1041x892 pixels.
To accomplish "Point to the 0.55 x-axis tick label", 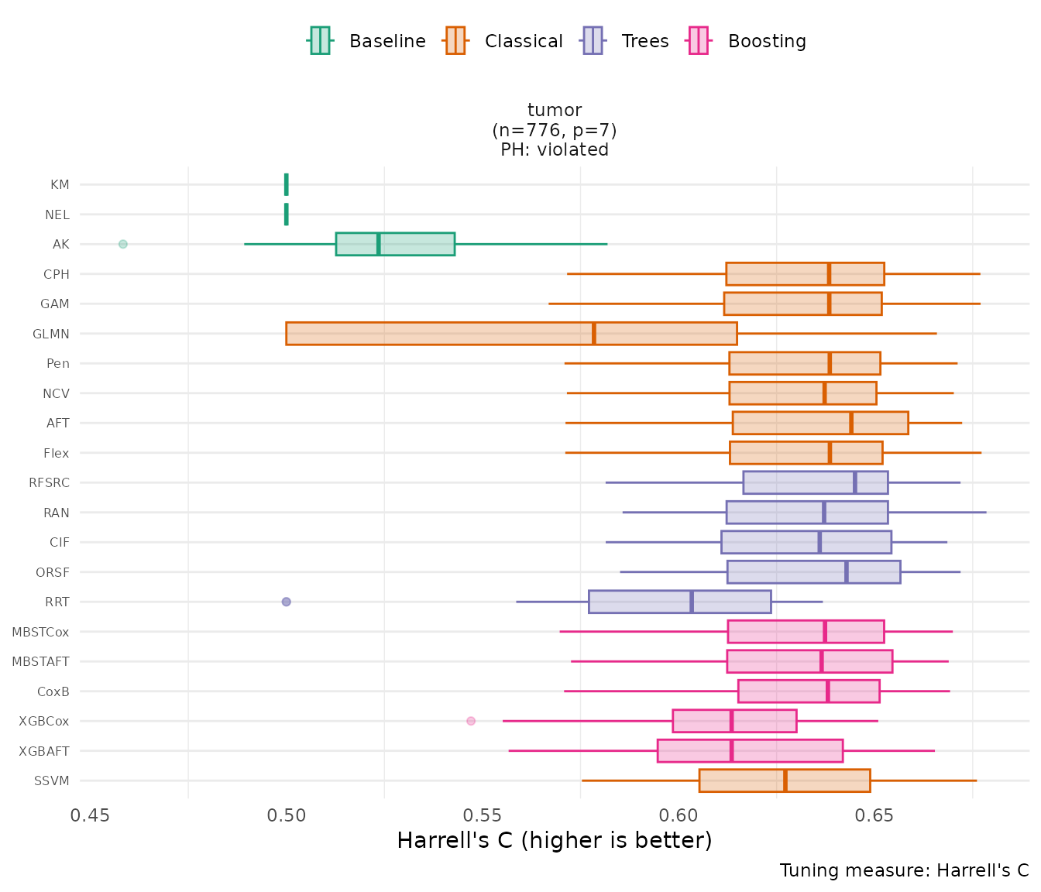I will click(x=483, y=816).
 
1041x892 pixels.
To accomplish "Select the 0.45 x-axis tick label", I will click(x=91, y=816).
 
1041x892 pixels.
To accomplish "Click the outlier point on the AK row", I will click(x=122, y=244).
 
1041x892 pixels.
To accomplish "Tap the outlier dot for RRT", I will click(x=286, y=602).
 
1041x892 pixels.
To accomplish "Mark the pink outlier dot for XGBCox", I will click(x=471, y=721).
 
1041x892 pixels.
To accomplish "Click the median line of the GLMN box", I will click(x=594, y=334).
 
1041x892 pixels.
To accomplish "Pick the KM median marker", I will click(x=287, y=184).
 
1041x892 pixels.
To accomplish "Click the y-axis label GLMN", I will click(x=51, y=334).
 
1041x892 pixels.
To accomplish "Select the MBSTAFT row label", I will click(x=40, y=662).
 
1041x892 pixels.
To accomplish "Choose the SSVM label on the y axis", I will click(x=52, y=781).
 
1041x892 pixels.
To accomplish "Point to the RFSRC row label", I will click(x=49, y=483).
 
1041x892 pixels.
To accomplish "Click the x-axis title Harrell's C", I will click(x=554, y=841).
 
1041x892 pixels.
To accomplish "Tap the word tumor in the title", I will click(x=555, y=111).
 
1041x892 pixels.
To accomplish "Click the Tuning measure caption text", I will click(x=904, y=870).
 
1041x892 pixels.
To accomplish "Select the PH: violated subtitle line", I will click(x=555, y=150).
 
